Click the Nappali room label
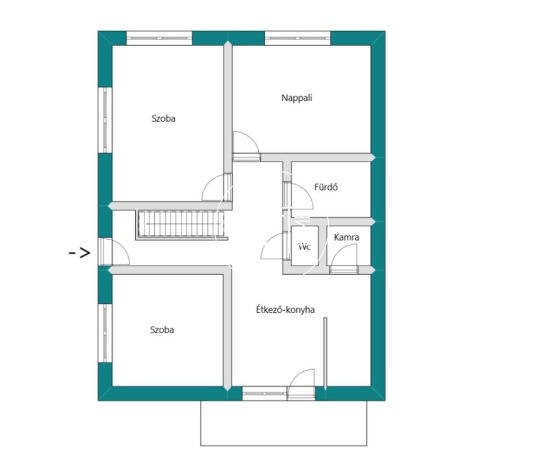click(296, 98)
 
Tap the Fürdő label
click(326, 187)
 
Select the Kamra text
click(346, 237)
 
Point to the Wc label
click(304, 247)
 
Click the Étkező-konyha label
click(285, 309)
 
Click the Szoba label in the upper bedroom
click(163, 118)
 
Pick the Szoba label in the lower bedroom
click(162, 330)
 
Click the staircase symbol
click(181, 224)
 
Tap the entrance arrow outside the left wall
click(80, 253)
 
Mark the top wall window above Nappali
click(298, 38)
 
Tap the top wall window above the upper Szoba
click(159, 38)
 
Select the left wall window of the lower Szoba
click(106, 333)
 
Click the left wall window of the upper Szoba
click(106, 120)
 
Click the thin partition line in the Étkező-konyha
click(325, 352)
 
